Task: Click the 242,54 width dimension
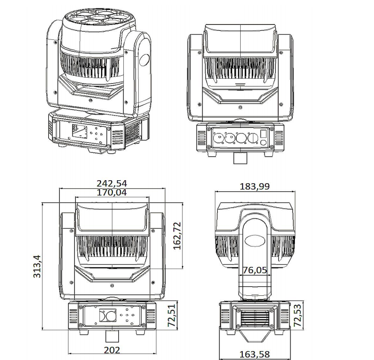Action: click(111, 183)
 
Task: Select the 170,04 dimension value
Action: click(111, 192)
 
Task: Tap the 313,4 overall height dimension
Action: click(37, 266)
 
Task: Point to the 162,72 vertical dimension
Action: click(177, 236)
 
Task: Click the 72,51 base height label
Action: click(172, 315)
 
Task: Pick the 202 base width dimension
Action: click(112, 350)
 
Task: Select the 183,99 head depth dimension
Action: click(255, 186)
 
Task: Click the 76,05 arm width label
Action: click(255, 270)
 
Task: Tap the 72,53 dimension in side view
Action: click(297, 315)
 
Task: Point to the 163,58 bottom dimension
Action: click(255, 354)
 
